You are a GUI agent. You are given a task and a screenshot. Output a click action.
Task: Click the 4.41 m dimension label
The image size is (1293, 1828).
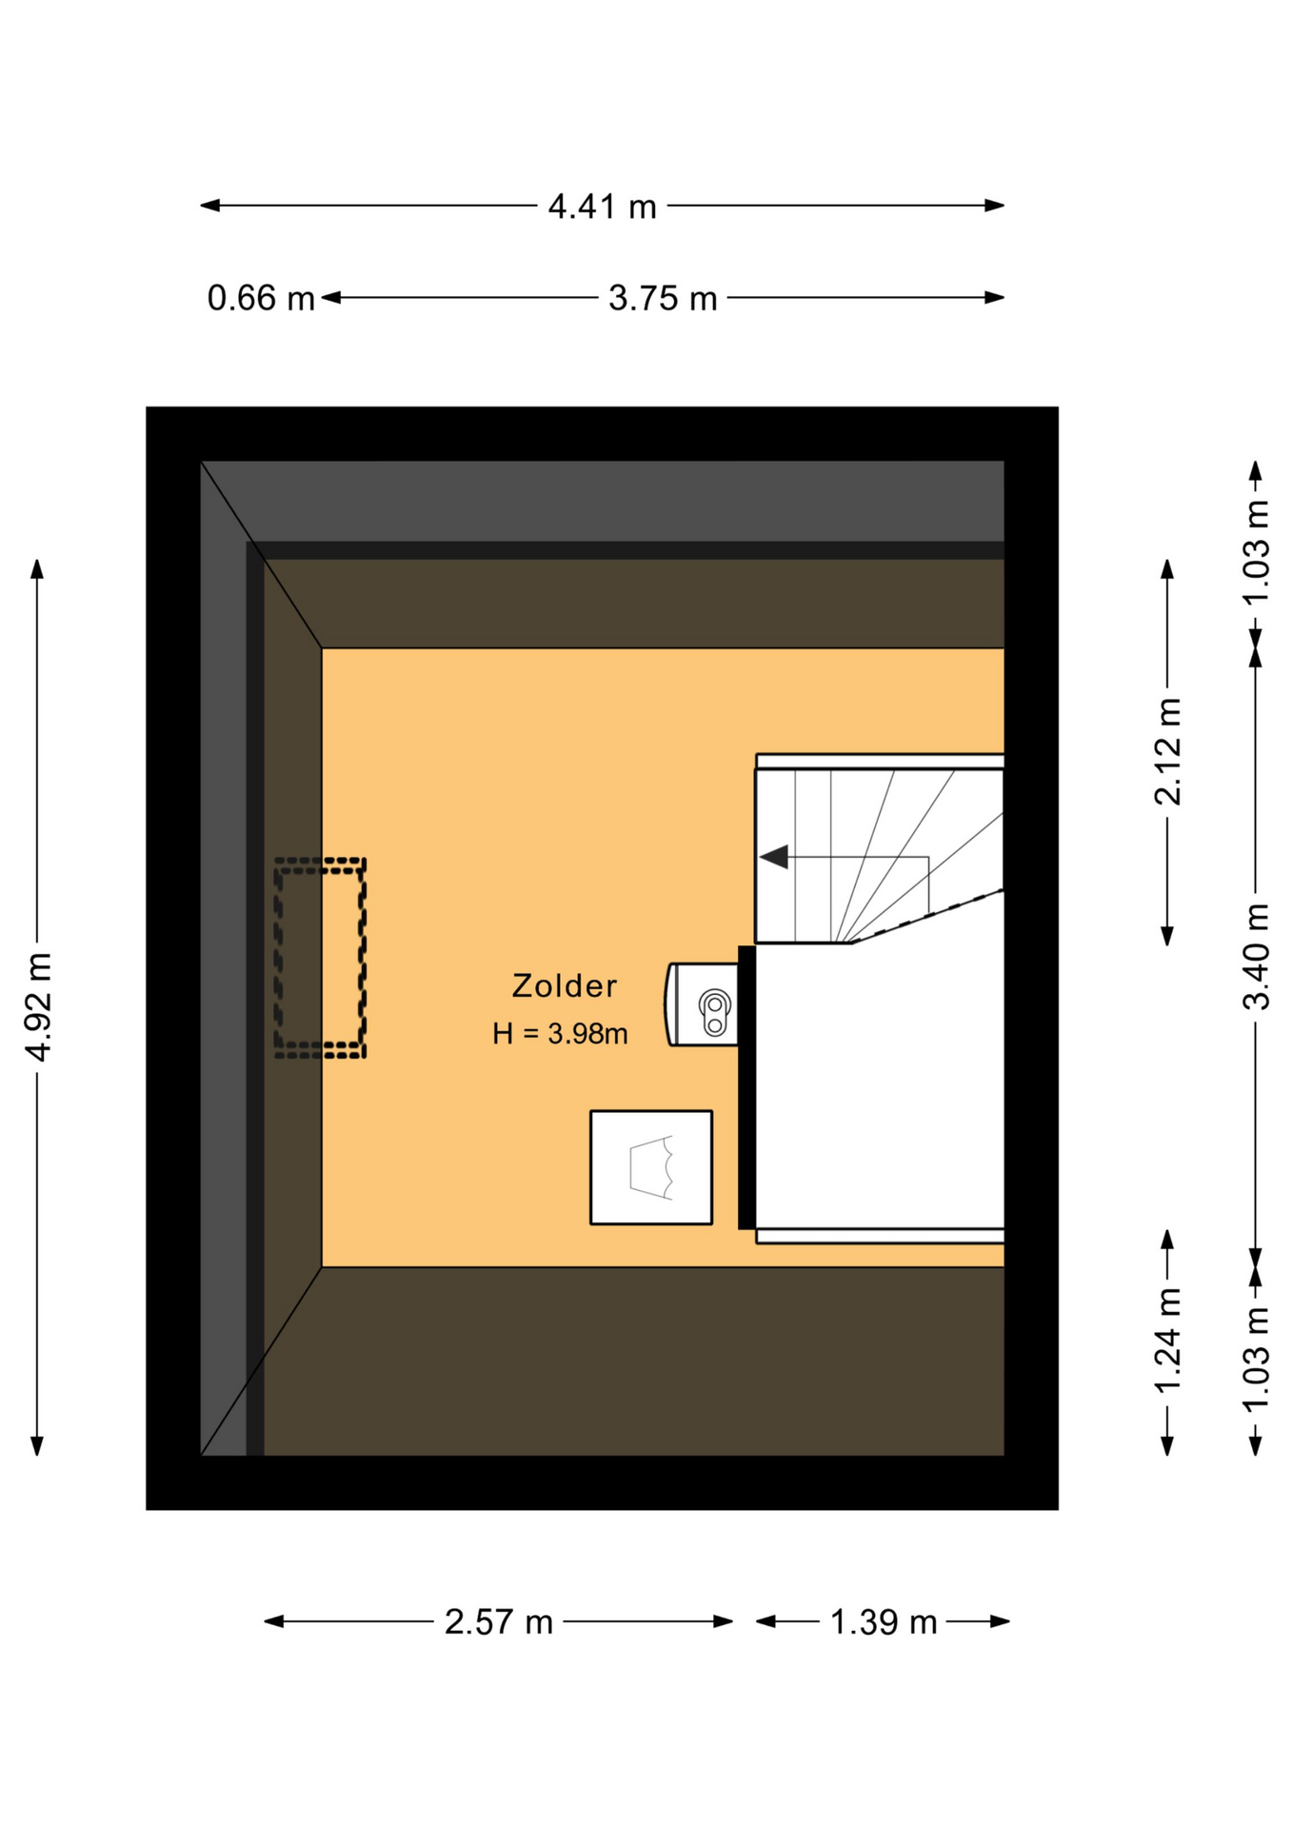(x=602, y=207)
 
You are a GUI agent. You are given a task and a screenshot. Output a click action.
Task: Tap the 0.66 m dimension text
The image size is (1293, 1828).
(x=261, y=298)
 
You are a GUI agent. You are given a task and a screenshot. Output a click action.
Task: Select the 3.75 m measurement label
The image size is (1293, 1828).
(x=663, y=298)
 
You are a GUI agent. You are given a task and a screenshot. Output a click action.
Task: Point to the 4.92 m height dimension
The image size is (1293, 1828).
(x=38, y=1006)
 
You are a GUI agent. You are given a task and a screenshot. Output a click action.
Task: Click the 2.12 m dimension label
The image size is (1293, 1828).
(x=1168, y=751)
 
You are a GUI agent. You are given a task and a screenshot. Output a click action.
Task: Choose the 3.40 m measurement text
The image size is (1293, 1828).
(x=1257, y=956)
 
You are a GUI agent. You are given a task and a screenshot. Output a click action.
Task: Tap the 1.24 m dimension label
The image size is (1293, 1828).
(x=1168, y=1341)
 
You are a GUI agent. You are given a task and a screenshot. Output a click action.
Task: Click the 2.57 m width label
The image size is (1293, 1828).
(x=499, y=1622)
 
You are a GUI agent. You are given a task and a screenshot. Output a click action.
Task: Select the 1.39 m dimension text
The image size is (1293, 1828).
(x=884, y=1622)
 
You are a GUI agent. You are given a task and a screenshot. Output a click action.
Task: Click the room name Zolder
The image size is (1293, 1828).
(x=565, y=986)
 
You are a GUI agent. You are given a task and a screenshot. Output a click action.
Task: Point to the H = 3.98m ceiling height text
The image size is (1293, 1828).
(x=560, y=1034)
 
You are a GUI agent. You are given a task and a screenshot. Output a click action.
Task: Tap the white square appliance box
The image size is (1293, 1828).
(x=651, y=1167)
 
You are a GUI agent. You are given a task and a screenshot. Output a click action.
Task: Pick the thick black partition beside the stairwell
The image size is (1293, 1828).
(x=747, y=1087)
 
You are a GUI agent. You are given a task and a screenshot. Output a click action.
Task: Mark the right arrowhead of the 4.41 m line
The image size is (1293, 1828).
(x=995, y=206)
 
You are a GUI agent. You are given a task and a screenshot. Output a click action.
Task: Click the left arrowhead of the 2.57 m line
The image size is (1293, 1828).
(x=274, y=1621)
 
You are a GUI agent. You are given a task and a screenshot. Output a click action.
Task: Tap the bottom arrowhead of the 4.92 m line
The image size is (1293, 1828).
(x=37, y=1445)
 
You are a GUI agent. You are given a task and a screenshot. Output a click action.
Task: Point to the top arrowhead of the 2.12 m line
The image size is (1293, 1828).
(x=1167, y=570)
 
